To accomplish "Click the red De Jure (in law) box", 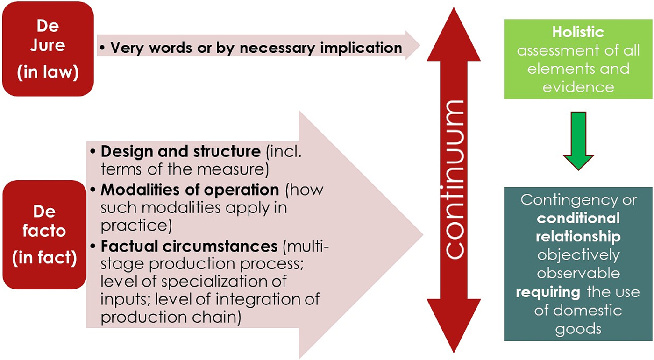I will (x=48, y=49).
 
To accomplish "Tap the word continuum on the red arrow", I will (x=454, y=179).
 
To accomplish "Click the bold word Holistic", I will (x=578, y=32).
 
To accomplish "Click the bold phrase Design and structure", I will (x=180, y=152).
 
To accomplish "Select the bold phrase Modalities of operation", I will (x=190, y=190).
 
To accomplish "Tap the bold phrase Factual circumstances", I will (x=189, y=246).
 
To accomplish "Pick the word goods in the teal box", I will (x=578, y=328).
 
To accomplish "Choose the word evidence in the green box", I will (x=578, y=87).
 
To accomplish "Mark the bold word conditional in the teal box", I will (x=578, y=218).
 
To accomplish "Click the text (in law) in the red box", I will (x=48, y=74).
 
